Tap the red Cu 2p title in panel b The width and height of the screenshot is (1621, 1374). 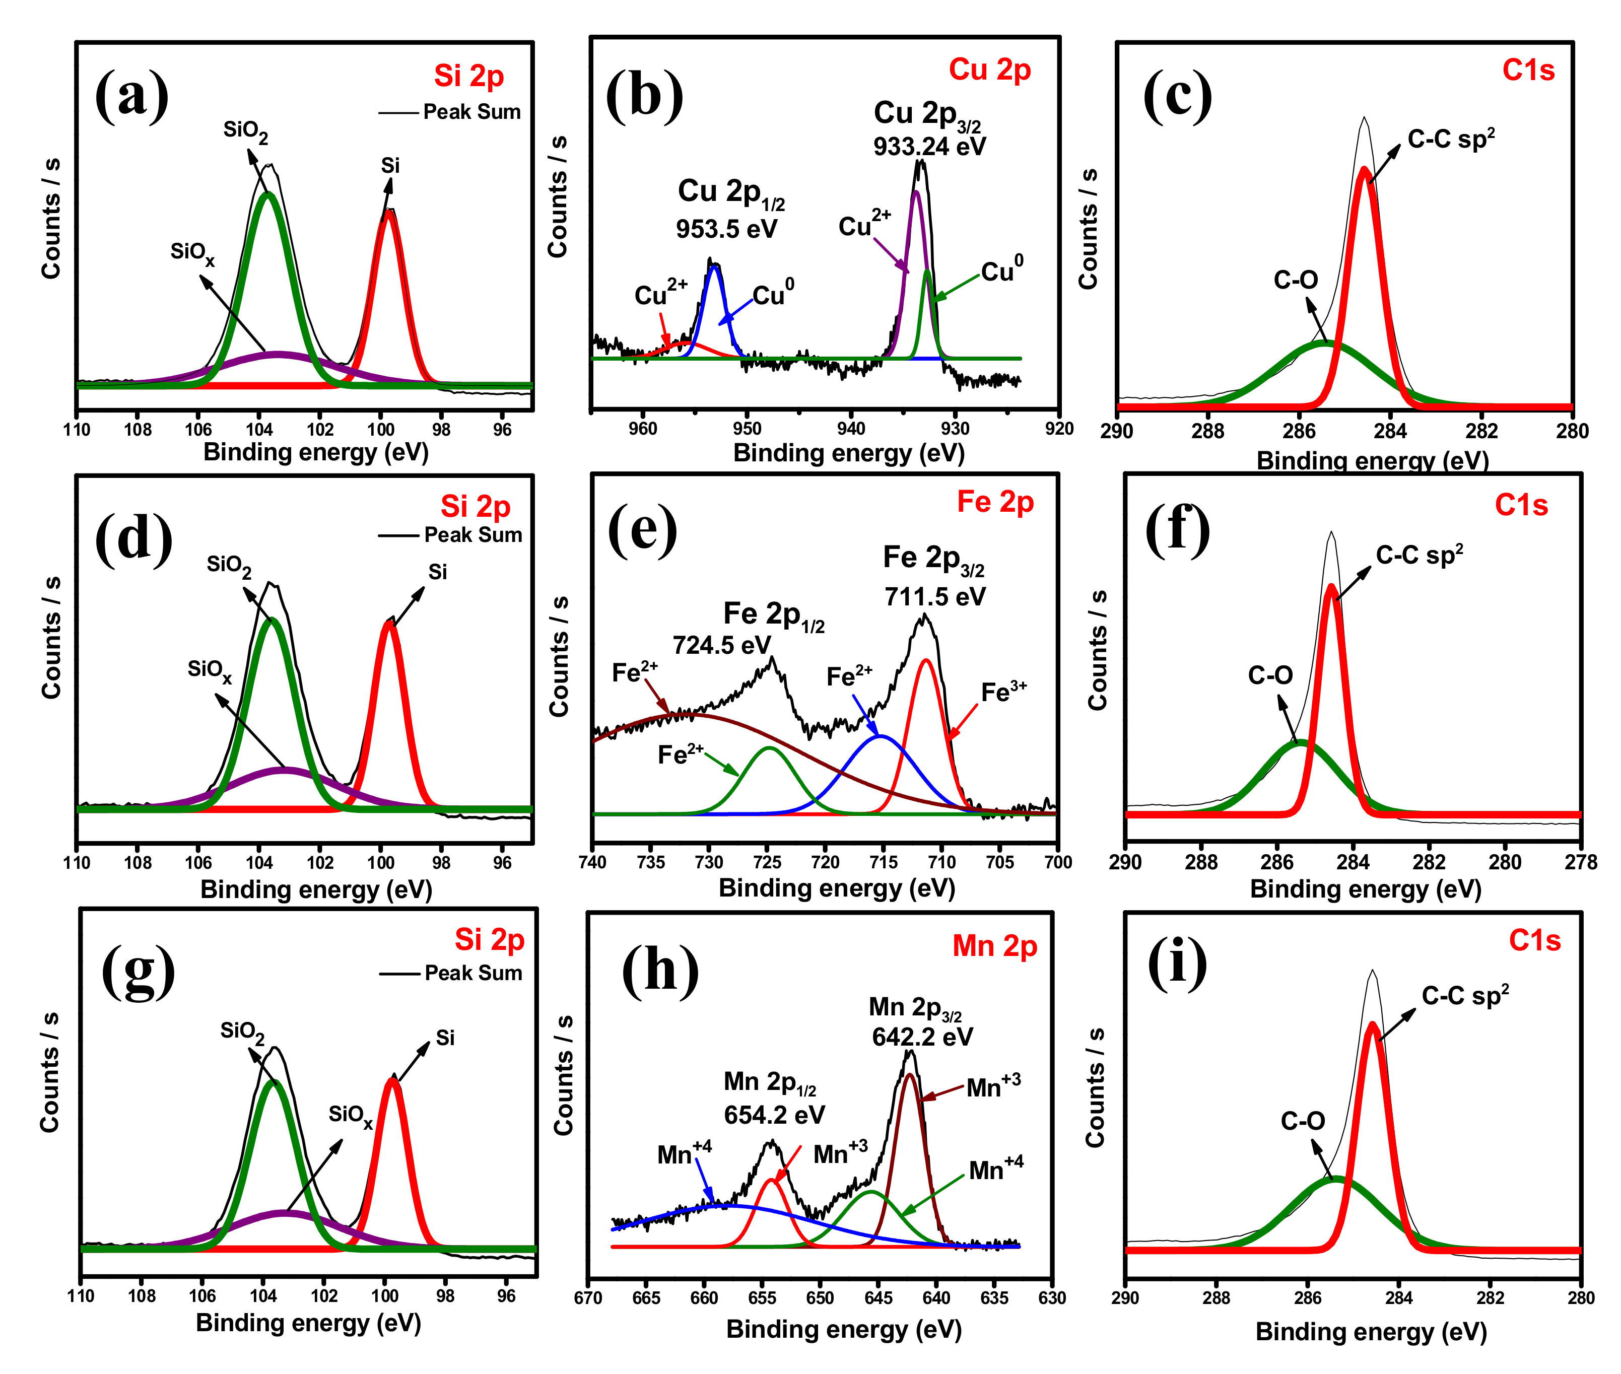click(989, 70)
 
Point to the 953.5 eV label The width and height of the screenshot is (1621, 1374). click(726, 229)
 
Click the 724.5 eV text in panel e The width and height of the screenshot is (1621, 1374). click(721, 645)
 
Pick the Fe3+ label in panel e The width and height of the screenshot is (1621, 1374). click(1003, 692)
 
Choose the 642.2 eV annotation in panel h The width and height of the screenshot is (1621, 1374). click(922, 1037)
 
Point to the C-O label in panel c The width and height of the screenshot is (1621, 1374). click(1296, 280)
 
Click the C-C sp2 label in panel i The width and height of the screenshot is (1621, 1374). click(1464, 995)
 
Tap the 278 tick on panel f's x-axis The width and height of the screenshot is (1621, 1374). click(1581, 862)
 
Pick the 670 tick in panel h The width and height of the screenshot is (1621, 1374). click(588, 1297)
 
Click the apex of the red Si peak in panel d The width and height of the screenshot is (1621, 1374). click(389, 623)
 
